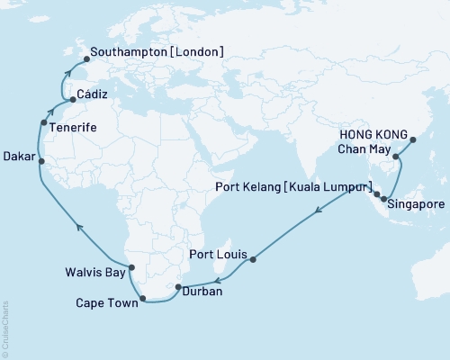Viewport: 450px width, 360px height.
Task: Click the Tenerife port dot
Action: point(43,122)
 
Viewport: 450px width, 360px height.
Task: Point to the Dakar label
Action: point(20,156)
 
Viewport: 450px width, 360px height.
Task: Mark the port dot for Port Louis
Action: point(253,260)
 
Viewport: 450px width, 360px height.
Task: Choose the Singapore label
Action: point(417,205)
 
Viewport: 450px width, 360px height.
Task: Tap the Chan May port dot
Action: point(395,157)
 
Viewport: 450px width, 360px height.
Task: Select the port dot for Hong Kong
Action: point(413,139)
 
